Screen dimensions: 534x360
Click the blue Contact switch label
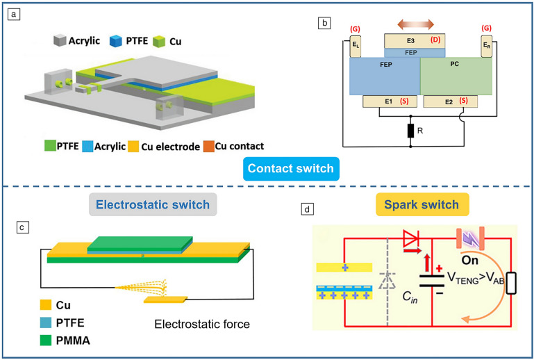291,168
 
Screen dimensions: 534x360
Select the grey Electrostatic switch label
153,204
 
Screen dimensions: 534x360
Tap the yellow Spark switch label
422,204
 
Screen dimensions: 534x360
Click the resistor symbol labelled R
410,131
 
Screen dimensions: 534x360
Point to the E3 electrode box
415,41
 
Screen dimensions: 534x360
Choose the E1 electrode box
390,101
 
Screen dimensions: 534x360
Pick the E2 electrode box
450,101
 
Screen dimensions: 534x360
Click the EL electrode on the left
356,46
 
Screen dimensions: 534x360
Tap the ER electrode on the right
486,46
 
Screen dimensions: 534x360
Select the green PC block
456,76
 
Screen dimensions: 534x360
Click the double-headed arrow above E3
415,24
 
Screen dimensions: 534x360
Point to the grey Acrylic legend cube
60,40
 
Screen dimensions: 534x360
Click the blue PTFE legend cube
116,40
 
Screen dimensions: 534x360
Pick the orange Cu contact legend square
209,146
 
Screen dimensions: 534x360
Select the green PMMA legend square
46,341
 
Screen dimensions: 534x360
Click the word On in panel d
470,260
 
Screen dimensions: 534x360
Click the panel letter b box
324,23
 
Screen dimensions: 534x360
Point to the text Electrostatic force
202,324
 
